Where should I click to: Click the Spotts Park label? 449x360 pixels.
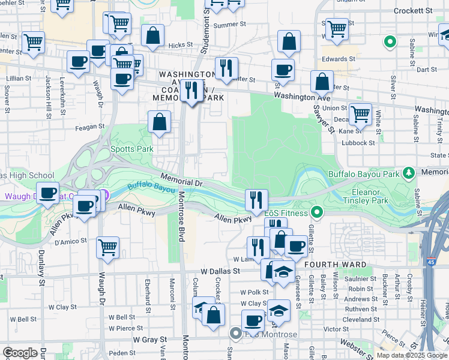point(131,149)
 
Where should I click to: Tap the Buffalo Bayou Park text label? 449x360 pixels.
point(364,174)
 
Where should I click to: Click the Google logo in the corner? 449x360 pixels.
point(20,353)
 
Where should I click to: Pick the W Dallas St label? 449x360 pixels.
point(220,271)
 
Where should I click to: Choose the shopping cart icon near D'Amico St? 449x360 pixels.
point(107,246)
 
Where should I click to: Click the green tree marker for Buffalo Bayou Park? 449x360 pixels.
point(409,173)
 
